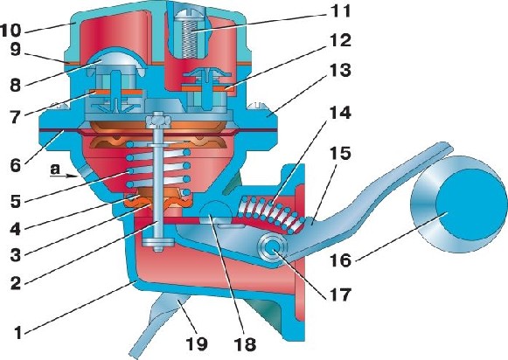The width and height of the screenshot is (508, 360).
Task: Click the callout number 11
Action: [339, 11]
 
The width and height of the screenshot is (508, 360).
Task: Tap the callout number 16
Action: [340, 260]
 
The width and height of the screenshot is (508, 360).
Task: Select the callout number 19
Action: [197, 343]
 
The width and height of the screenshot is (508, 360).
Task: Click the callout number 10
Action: [10, 31]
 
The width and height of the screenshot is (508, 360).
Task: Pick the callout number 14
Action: [340, 114]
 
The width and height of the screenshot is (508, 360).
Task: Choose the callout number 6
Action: [15, 166]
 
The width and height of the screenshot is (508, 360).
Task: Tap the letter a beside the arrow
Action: [55, 169]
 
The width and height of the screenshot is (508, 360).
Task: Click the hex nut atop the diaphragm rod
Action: [158, 121]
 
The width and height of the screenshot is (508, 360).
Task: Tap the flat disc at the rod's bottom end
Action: [157, 242]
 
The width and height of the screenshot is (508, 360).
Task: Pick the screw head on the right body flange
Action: [256, 107]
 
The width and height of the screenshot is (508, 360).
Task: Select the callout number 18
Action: [244, 344]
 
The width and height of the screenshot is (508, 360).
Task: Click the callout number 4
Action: [15, 229]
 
